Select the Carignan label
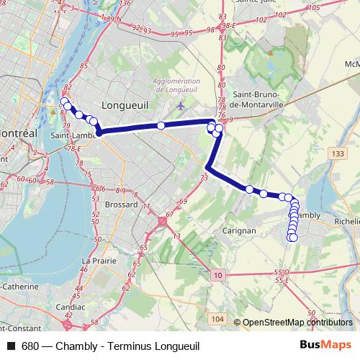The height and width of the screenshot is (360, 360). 240,231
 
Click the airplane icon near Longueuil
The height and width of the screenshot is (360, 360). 180,107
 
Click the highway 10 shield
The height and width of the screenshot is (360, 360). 218,276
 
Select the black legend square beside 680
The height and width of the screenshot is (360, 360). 11,346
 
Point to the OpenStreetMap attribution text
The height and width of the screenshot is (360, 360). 297,323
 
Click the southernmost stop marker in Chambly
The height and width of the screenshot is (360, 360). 292,238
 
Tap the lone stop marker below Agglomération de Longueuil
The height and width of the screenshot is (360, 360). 161,125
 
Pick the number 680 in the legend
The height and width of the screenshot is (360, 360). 30,346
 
